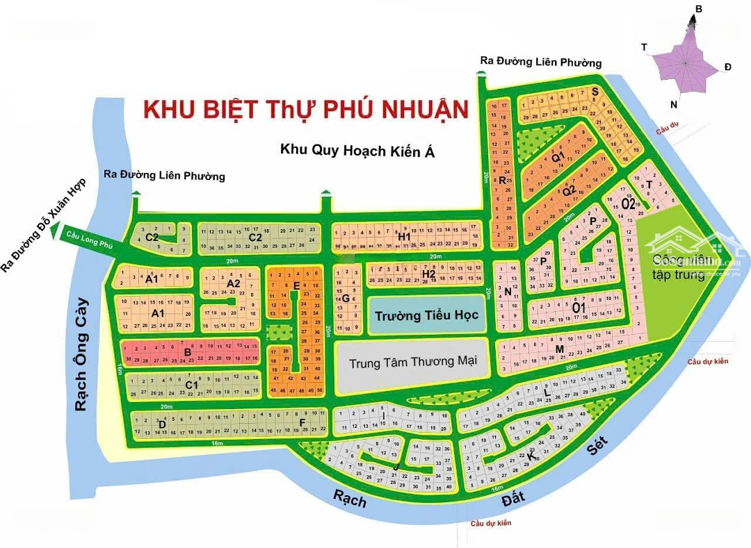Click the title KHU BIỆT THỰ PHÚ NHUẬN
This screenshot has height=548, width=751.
coord(305,110)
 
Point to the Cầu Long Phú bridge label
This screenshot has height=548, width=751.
coord(88,240)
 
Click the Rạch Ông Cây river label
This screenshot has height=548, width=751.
coord(82,354)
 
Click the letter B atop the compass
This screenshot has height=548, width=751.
coord(699,8)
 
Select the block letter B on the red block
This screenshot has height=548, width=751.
coord(187,352)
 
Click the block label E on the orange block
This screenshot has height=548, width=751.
coord(296,286)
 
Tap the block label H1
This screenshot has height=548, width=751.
coord(405,237)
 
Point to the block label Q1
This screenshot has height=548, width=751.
coord(557,157)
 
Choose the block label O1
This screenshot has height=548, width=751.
coord(578,307)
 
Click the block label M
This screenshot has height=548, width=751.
coord(559,349)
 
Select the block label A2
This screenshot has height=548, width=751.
coord(234,283)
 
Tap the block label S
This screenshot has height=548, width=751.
coord(595,91)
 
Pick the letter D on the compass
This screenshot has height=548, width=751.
coord(727,67)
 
